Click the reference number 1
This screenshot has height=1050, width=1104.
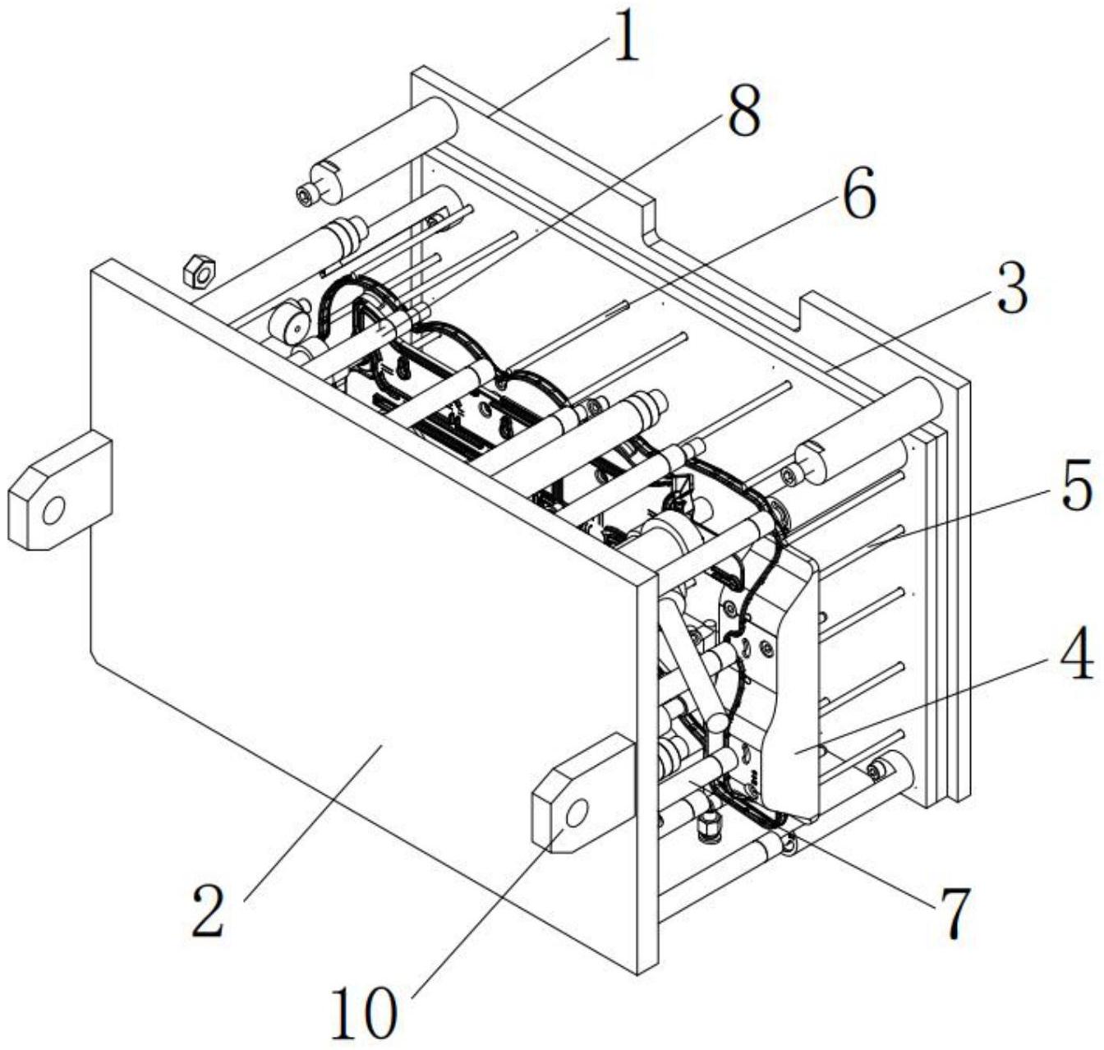626,38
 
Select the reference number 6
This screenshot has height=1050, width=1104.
859,193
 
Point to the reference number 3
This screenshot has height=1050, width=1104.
1012,289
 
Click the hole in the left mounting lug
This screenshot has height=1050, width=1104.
54,511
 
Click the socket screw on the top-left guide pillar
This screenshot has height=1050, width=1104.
306,195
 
